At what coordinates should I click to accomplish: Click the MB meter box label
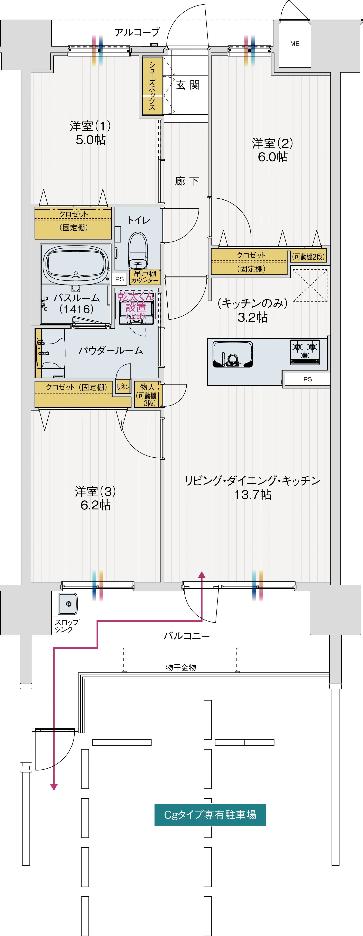295,44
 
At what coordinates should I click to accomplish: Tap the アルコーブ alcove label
137,32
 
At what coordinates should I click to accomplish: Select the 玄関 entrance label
188,85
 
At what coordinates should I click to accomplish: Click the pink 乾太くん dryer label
136,302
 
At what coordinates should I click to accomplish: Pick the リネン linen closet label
123,387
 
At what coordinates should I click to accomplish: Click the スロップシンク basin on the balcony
68,604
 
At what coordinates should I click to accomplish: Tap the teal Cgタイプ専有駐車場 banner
210,815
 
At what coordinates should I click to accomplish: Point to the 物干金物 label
181,667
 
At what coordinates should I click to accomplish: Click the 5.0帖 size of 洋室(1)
91,140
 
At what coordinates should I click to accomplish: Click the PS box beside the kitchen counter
307,379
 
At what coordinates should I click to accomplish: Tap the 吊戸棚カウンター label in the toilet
145,277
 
